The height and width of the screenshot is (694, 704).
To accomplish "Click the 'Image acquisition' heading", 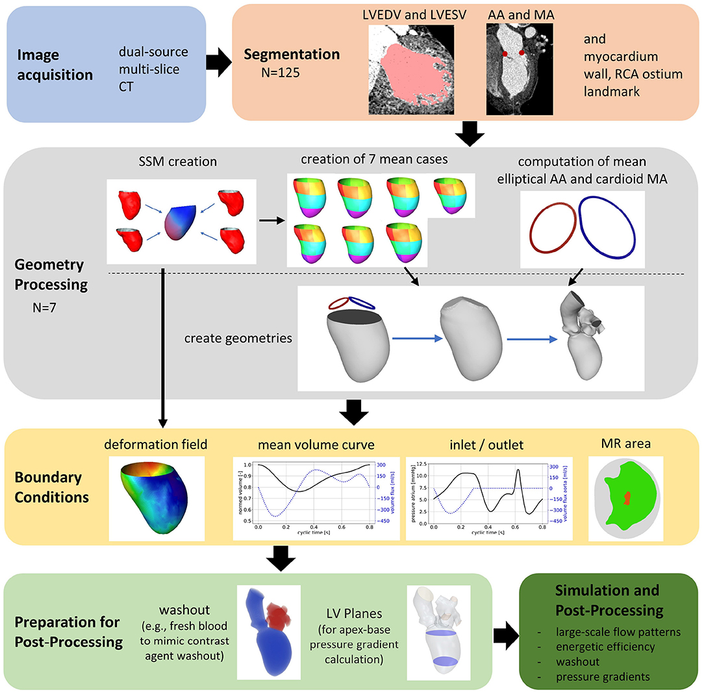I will pyautogui.click(x=55, y=65).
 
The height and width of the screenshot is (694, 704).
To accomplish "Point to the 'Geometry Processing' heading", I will pyautogui.click(x=51, y=274).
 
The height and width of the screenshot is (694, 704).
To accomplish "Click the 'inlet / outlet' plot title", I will pyautogui.click(x=477, y=446).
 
